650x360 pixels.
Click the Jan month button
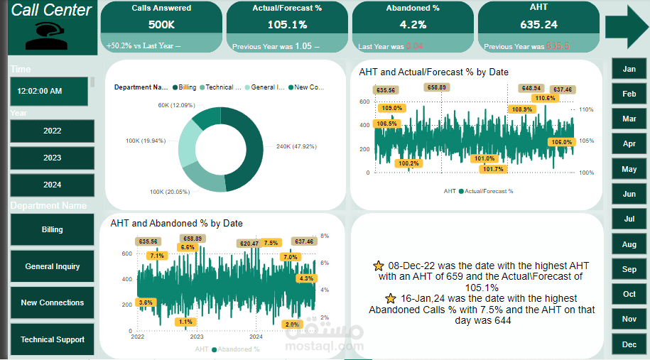tap(629, 69)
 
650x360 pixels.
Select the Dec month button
tap(629, 344)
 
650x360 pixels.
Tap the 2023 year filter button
tap(52, 158)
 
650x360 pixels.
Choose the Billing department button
tap(52, 230)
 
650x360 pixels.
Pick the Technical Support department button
tap(52, 339)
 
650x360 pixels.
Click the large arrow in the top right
tap(626, 27)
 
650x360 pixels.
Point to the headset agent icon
tap(47, 36)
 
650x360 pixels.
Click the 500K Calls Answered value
tap(161, 24)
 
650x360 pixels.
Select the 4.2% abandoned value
tap(413, 24)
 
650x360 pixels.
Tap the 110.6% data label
tap(545, 98)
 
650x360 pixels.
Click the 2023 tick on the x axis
tap(197, 337)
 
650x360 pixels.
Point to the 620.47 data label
tap(249, 243)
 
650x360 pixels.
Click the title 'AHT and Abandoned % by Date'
tap(176, 223)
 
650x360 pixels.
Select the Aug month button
tap(629, 244)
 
